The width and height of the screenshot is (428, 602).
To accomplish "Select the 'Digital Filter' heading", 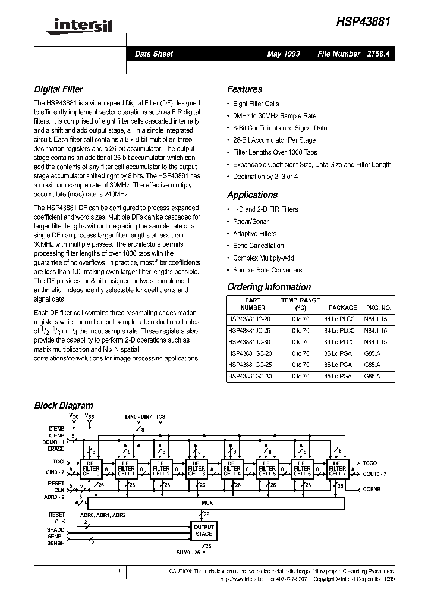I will tap(58, 89).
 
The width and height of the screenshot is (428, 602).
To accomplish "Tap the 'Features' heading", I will tap(244, 89).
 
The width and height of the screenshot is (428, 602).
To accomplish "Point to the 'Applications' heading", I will tap(252, 195).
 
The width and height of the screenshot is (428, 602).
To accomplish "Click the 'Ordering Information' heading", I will tap(269, 287).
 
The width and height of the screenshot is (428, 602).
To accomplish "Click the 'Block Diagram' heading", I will tap(64, 405).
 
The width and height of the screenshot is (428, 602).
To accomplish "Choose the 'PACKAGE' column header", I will tap(342, 308).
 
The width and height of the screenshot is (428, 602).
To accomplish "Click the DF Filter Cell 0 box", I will tap(91, 469).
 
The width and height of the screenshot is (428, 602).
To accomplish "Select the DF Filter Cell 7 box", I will tap(336, 469).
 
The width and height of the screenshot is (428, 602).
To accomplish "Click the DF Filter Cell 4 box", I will tap(231, 469).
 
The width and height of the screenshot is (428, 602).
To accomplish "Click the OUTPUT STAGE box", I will tap(203, 531).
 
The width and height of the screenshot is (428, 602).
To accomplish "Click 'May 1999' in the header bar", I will tap(284, 54).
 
